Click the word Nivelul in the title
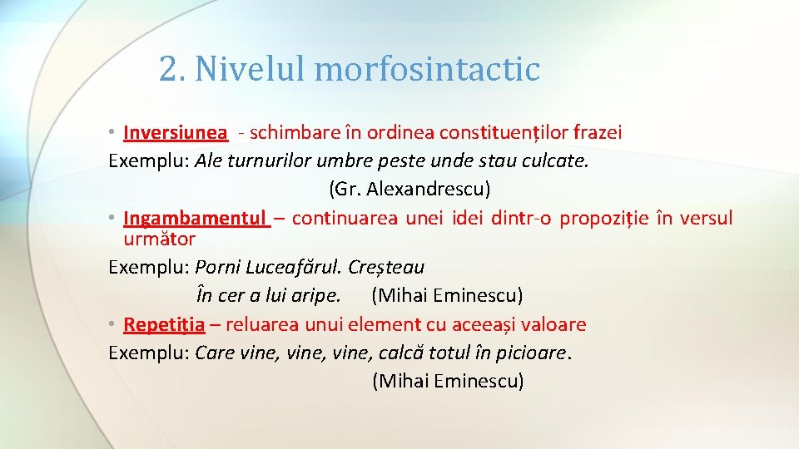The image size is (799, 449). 250,69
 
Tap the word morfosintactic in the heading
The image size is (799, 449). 427,69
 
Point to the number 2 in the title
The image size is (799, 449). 171,69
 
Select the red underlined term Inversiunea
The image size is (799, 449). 175,132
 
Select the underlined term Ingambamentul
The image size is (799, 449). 195,219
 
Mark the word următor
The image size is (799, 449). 159,239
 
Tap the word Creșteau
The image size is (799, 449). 386,268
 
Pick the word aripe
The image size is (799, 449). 315,295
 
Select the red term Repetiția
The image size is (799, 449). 164,324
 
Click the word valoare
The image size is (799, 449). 554,324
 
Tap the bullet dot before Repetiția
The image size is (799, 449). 112,324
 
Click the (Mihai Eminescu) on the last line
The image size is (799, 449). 448,381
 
